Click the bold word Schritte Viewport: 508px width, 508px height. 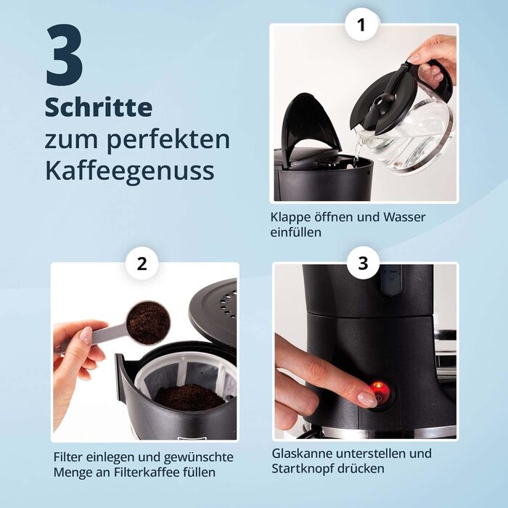coord(99,107)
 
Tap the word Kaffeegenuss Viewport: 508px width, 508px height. coord(130,171)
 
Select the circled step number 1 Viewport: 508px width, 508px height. coord(361,25)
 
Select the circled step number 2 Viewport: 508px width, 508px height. coord(142,263)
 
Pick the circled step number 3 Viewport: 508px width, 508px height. coord(363,263)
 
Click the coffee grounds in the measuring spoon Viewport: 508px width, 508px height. coord(148,322)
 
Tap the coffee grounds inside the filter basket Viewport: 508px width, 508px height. coord(189,397)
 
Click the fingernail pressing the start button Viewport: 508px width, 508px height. coord(367,399)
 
